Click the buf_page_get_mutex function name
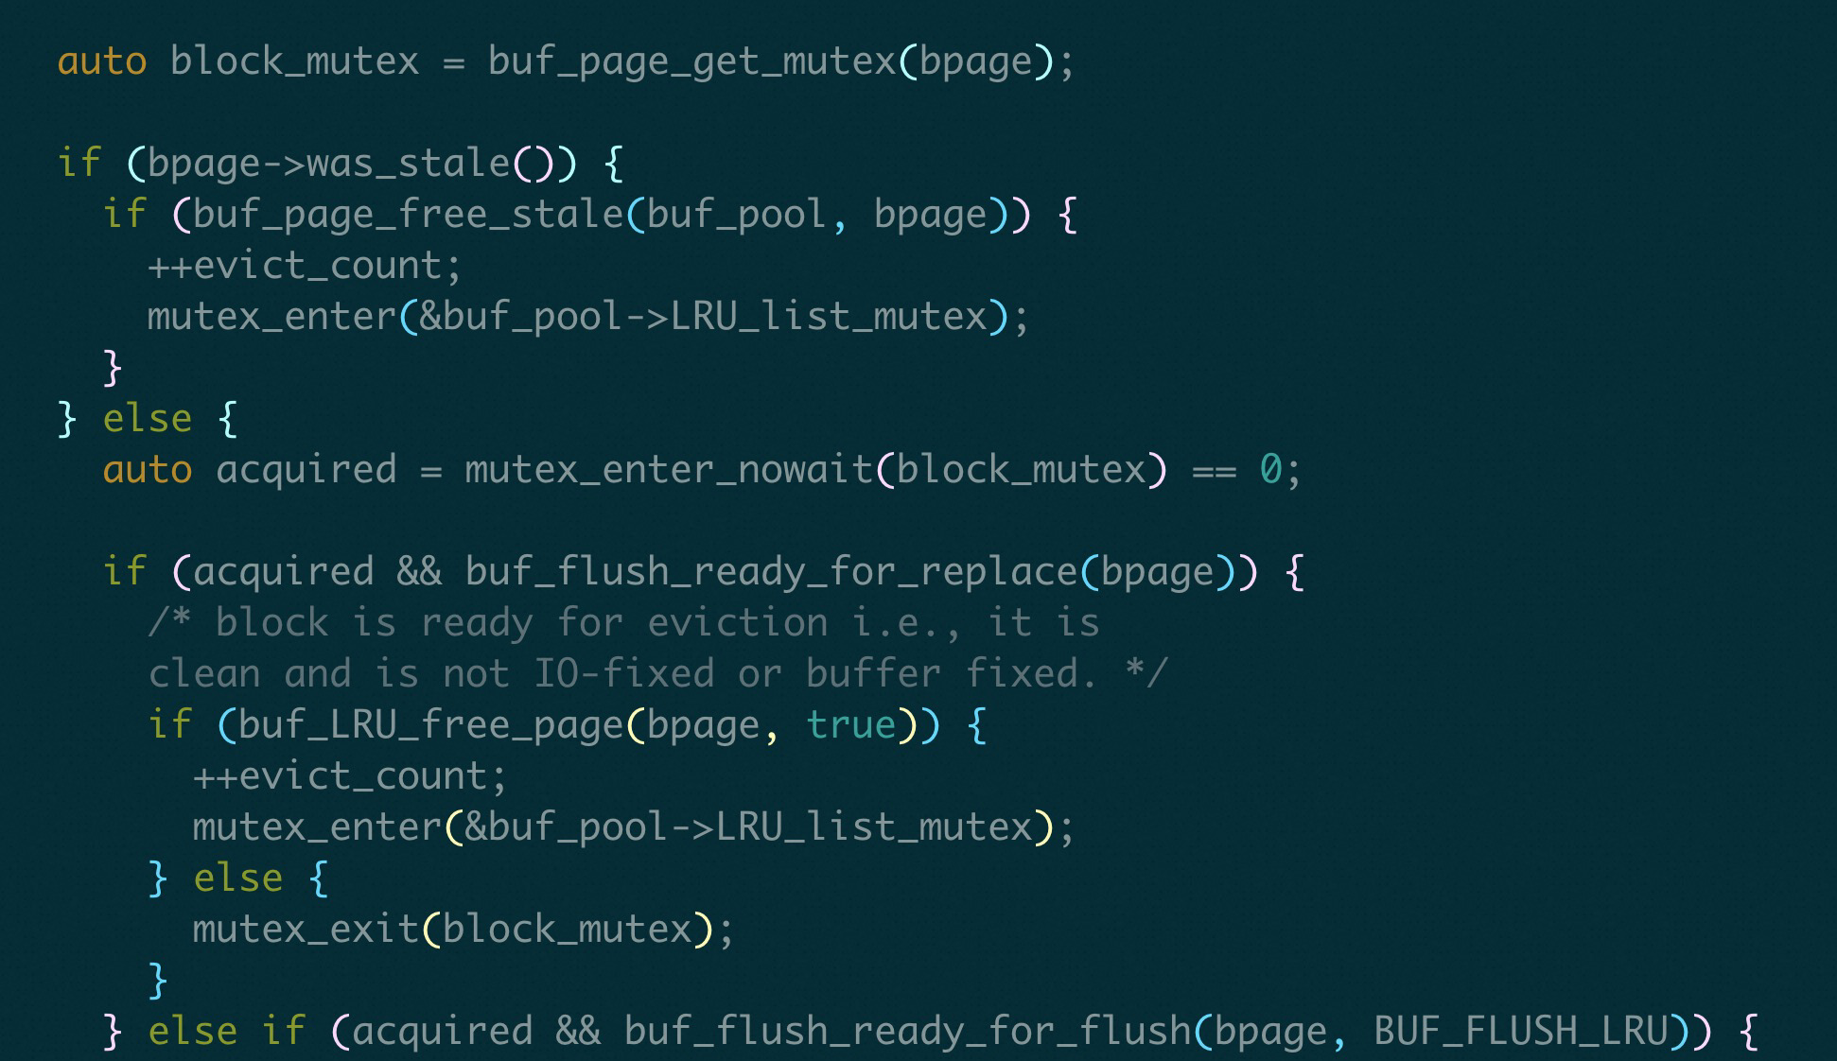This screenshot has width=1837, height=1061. (691, 61)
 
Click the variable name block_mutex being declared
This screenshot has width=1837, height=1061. (294, 61)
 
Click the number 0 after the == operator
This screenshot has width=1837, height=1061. (1270, 470)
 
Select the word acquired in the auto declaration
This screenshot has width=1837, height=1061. (306, 470)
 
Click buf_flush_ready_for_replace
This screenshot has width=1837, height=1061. (771, 572)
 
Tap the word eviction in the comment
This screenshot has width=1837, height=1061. (737, 623)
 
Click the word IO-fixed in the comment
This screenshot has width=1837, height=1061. (623, 674)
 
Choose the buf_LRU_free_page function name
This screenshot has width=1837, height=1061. (430, 725)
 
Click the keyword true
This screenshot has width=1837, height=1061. (850, 725)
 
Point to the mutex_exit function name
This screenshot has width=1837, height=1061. (306, 930)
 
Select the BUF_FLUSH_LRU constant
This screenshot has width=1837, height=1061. (1520, 1032)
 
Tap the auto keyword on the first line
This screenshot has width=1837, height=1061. (101, 61)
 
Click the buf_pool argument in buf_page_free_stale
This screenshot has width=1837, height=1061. (737, 215)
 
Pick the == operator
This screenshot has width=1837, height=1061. (1214, 470)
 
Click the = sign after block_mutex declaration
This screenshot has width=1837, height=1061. (453, 61)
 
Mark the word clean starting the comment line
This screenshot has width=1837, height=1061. (203, 674)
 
